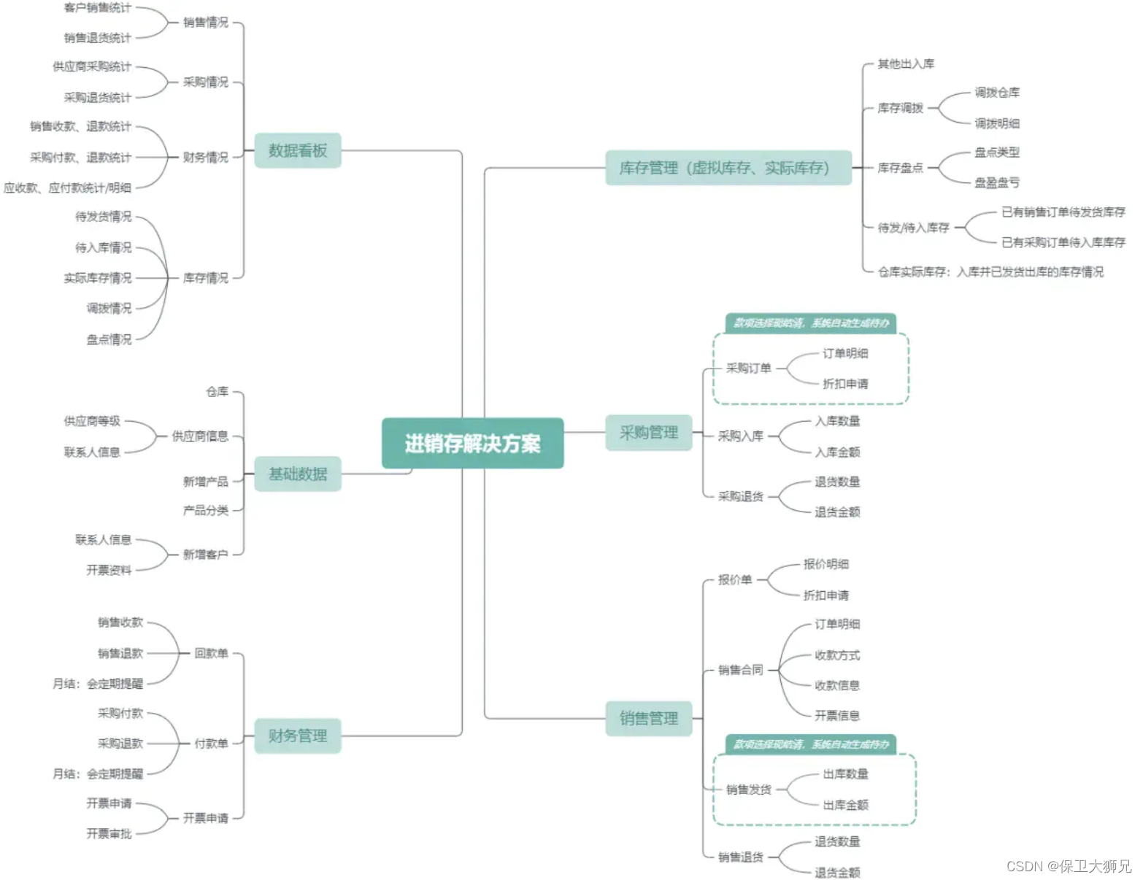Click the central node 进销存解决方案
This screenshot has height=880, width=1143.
pyautogui.click(x=472, y=443)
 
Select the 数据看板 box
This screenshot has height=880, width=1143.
pyautogui.click(x=298, y=150)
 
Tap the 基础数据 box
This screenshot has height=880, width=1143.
pyautogui.click(x=298, y=474)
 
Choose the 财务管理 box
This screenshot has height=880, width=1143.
pyautogui.click(x=298, y=736)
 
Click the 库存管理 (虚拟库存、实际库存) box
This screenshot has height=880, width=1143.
pyautogui.click(x=728, y=168)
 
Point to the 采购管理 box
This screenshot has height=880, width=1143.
pyautogui.click(x=649, y=433)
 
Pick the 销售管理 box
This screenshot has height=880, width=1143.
pyautogui.click(x=649, y=719)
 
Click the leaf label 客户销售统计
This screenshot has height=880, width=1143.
pyautogui.click(x=98, y=7)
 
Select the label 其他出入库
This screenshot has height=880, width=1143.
pyautogui.click(x=906, y=64)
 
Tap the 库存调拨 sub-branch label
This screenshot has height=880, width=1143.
pyautogui.click(x=901, y=108)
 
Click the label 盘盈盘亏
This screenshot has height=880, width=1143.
pyautogui.click(x=997, y=182)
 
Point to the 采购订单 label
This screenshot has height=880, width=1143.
pyautogui.click(x=748, y=368)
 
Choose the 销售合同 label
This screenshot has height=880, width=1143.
pyautogui.click(x=740, y=670)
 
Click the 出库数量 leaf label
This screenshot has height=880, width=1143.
pyautogui.click(x=845, y=774)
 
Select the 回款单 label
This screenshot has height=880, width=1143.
pyautogui.click(x=211, y=653)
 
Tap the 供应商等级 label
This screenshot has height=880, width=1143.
pyautogui.click(x=92, y=421)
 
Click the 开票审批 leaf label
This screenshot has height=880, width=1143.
pyautogui.click(x=109, y=834)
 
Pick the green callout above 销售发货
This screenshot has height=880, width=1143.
pyautogui.click(x=811, y=744)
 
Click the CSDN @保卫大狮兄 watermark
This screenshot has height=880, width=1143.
pyautogui.click(x=1069, y=866)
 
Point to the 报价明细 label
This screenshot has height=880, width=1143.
pyautogui.click(x=826, y=564)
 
